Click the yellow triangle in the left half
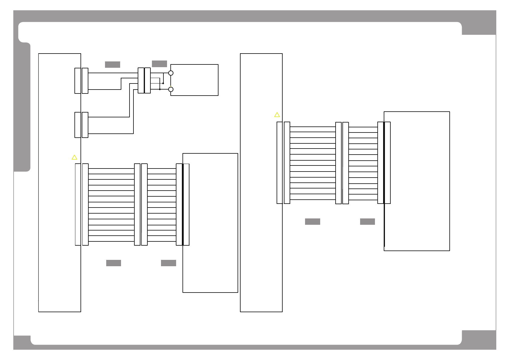coord(74,157)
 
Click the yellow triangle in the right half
coord(277,115)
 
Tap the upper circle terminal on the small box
coord(171,73)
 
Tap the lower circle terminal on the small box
coord(171,89)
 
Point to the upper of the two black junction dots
coord(163,83)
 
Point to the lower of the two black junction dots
coord(160,89)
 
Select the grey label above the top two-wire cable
coord(113,64)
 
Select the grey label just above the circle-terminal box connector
coord(159,64)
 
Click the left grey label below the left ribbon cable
coord(113,263)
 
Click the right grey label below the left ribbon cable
coord(169,263)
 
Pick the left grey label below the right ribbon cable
coord(313,222)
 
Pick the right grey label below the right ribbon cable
coord(367,222)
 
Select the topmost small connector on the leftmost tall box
coord(81,81)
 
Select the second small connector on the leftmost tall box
coord(81,125)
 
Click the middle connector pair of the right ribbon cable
coord(342,163)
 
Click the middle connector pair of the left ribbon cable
coord(141,205)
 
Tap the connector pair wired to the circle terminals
coord(144,80)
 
